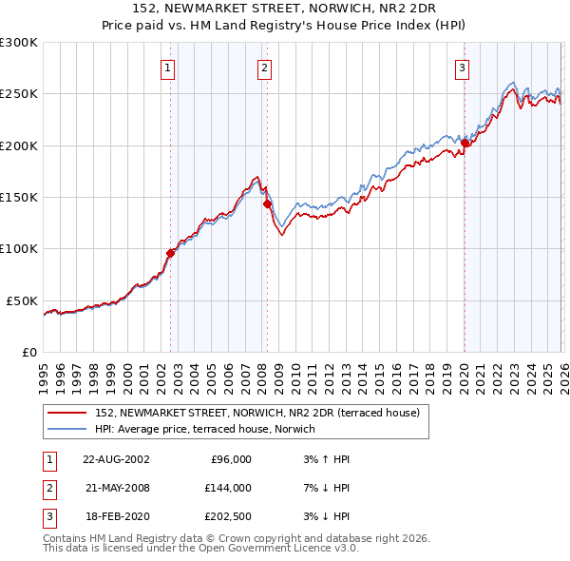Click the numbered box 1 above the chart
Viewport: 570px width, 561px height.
(x=168, y=68)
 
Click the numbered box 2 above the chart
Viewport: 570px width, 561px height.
(x=263, y=68)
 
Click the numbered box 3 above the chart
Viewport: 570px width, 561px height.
(x=462, y=68)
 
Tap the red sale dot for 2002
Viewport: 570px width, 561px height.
(x=171, y=253)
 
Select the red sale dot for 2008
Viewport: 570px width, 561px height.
(x=267, y=203)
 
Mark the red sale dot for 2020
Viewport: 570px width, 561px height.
(x=465, y=144)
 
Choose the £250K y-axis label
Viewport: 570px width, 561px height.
(x=19, y=94)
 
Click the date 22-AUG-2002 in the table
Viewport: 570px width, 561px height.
(x=116, y=459)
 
